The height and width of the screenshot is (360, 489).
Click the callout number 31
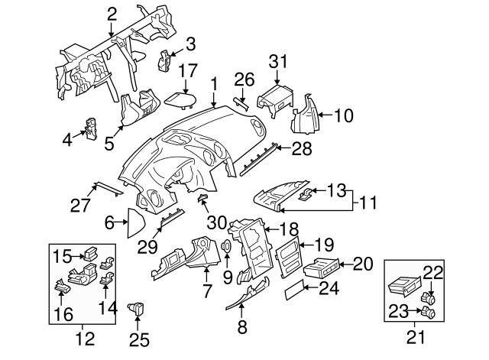coord(278,62)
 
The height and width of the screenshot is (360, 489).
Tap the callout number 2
coord(112,13)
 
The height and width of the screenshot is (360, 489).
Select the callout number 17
coord(190,43)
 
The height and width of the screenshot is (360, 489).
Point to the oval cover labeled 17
coord(181,99)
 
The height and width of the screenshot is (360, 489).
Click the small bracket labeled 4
coord(93,129)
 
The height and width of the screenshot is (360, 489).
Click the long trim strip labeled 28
coord(258,160)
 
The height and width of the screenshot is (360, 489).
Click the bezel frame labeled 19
coord(289,261)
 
